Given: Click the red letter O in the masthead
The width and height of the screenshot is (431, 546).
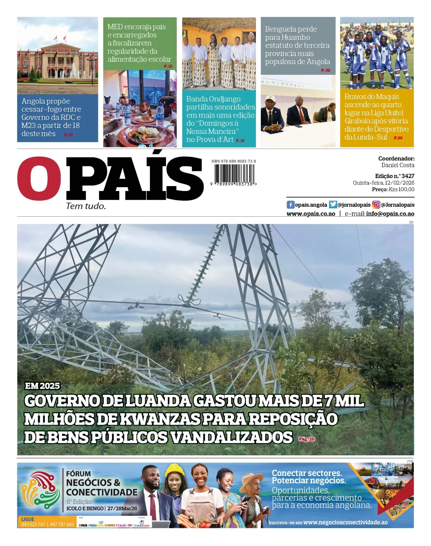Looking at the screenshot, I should click(39, 178).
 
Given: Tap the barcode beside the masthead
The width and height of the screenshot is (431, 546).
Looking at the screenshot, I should click(234, 174).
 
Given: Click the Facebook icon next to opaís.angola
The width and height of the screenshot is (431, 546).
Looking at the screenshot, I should click(290, 205).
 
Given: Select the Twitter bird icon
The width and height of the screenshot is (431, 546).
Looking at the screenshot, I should click(333, 205).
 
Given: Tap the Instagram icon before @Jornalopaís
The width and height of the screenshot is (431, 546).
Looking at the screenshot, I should click(376, 205).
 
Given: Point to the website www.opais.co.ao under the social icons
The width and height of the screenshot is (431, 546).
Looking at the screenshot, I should click(311, 214).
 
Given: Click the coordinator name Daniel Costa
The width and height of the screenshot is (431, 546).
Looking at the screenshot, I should click(397, 165).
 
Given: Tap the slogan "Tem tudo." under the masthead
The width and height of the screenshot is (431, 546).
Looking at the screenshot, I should click(86, 206).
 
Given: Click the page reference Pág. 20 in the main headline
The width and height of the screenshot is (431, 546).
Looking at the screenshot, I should click(306, 439).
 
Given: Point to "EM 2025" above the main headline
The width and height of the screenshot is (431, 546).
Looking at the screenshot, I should click(42, 386).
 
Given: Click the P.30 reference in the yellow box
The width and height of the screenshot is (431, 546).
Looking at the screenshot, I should click(398, 138).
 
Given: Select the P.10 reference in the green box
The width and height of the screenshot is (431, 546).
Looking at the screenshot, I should click(168, 67).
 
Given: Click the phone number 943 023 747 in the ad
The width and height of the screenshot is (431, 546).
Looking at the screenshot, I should click(33, 524).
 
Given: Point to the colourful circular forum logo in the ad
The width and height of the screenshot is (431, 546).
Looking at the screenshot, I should click(41, 490).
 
